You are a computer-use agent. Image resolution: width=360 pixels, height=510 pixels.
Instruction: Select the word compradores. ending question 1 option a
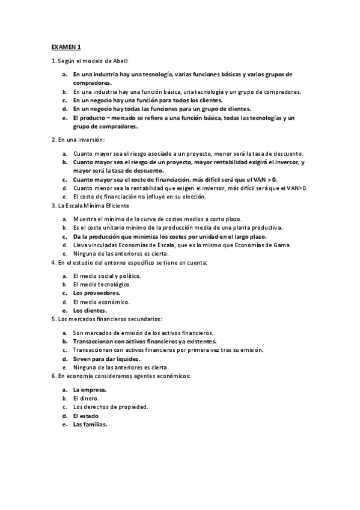point(93,82)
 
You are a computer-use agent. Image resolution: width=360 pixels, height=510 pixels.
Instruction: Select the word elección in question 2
point(191,197)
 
